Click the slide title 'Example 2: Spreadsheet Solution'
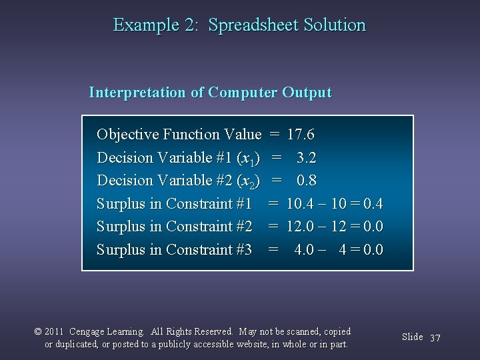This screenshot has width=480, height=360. pos(239,25)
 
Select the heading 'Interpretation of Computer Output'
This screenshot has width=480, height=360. pos(210,93)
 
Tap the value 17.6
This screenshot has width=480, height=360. pos(301,135)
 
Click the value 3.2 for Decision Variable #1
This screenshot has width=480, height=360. pos(306,158)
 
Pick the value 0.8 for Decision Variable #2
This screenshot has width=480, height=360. pos(306,181)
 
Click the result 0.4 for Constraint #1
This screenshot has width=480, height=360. pos(373,204)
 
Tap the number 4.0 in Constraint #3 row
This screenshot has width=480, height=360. pos(304,250)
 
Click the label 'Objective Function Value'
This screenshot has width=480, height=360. pos(179,135)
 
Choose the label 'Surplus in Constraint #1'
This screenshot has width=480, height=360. pos(174,204)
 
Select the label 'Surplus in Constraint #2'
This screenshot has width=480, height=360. pos(174,227)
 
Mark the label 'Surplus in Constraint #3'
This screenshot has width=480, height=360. pos(174,250)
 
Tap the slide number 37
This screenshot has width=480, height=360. pos(435,338)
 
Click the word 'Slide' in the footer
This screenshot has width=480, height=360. pos(412,337)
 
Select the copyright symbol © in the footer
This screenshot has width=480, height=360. pos(38,332)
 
